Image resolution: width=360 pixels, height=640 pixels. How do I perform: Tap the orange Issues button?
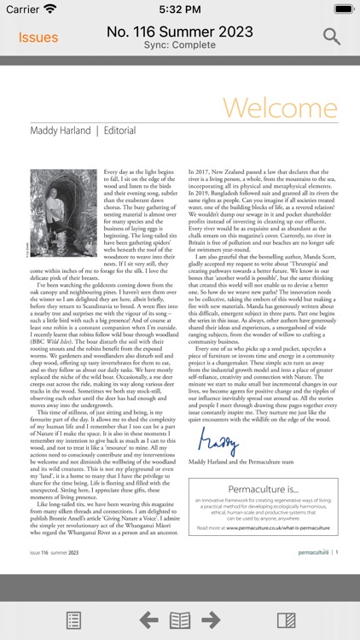coord(38,38)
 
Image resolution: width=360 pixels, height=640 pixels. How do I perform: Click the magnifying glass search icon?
coord(332,37)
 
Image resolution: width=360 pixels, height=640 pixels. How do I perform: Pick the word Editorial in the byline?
coord(119,131)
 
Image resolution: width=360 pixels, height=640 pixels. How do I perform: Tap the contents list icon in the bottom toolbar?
coord(74,620)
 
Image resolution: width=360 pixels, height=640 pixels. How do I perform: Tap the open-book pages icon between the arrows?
coord(180,620)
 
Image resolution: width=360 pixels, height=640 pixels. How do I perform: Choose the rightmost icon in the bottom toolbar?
coord(286,620)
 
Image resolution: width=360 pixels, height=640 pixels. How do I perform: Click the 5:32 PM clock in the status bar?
coord(179,9)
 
